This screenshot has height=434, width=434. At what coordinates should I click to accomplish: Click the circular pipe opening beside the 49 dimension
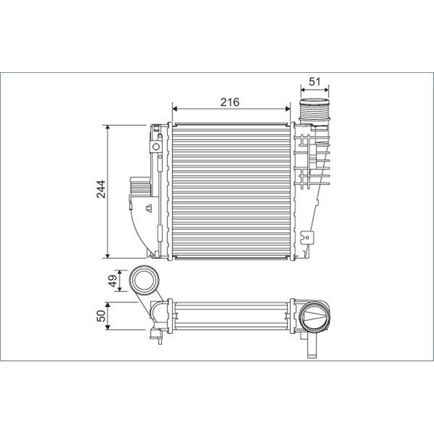[x=144, y=280]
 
